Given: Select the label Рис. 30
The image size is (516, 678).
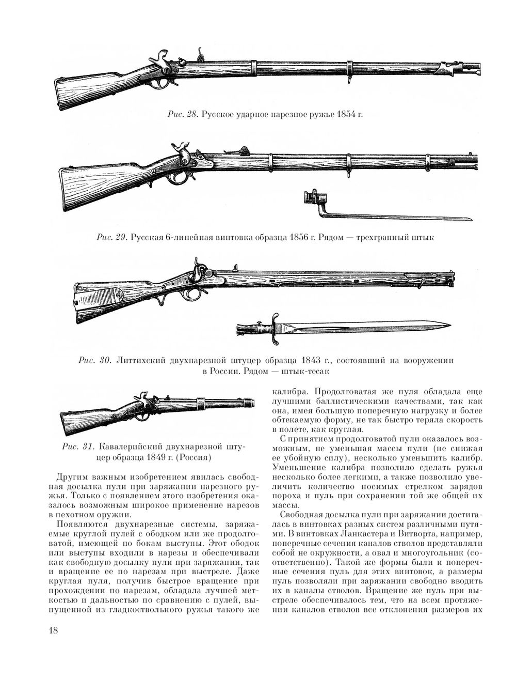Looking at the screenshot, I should (x=93, y=360).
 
